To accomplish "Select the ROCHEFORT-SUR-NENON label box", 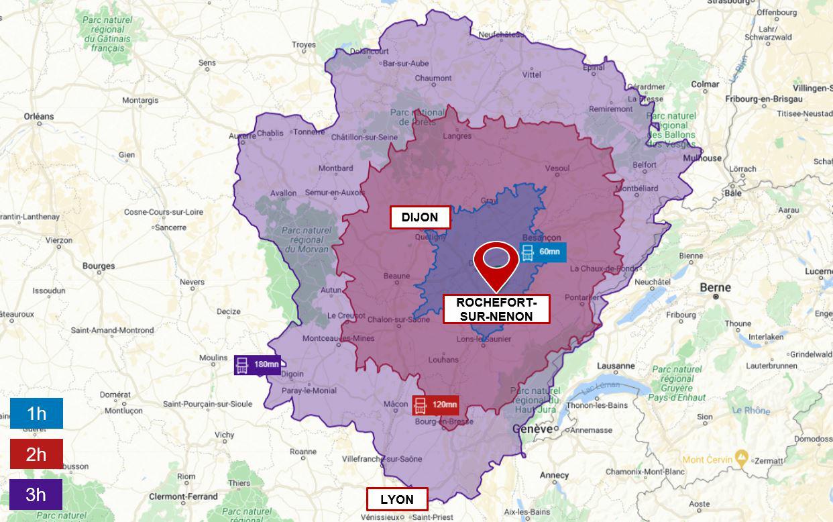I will (496, 309).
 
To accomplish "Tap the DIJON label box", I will (420, 217).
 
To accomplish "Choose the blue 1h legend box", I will (36, 413).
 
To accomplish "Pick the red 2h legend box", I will (36, 454).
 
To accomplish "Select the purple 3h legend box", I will (36, 494).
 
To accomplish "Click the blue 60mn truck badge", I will (543, 252).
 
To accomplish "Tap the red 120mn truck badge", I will (436, 405).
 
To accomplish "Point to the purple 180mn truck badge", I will (257, 365).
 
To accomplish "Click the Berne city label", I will (715, 287).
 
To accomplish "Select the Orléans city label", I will (39, 116).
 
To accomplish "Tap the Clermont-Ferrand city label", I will (183, 497).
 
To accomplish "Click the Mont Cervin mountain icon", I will (740, 459).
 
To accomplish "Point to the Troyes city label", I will (304, 45).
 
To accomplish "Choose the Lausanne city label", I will (616, 366).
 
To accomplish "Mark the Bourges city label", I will (99, 266).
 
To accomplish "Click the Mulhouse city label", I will (702, 158).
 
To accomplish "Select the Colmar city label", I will (705, 84).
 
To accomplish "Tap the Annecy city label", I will (554, 475).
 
